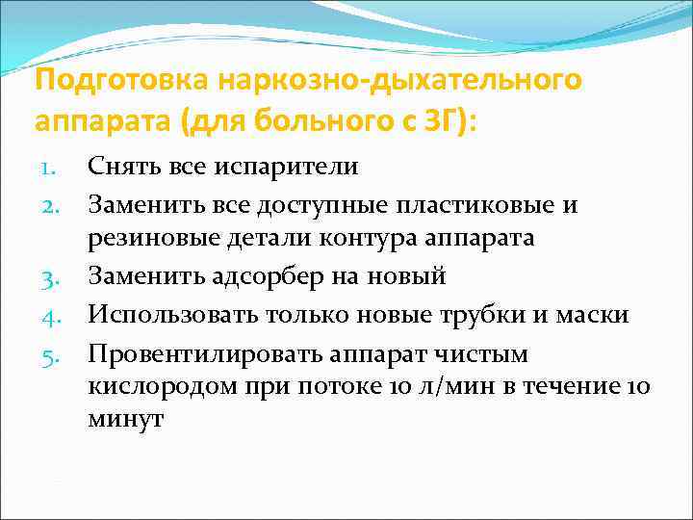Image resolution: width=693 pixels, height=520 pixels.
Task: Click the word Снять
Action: [x=119, y=167]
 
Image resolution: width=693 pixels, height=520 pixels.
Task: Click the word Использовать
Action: [x=170, y=316]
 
